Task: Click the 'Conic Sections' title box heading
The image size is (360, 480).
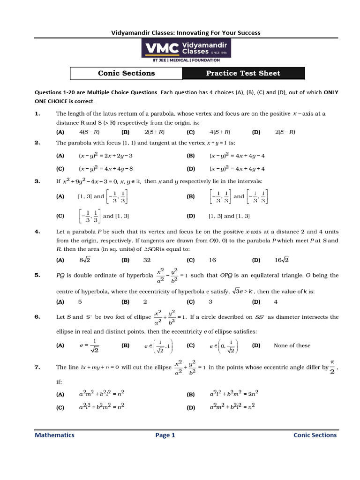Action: point(126,73)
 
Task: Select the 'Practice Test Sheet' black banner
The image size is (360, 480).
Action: point(243,73)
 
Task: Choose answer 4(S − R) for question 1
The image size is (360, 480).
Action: point(90,132)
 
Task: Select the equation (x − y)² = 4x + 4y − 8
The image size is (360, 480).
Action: point(106,169)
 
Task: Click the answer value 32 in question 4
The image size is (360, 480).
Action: point(147,260)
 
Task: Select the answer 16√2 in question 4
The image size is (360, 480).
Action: point(282,260)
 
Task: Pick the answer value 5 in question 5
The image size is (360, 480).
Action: point(80,302)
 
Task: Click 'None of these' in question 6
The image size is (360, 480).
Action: point(292,346)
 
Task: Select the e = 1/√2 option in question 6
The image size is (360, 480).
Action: point(89,346)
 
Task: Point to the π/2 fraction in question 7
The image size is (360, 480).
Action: point(332,367)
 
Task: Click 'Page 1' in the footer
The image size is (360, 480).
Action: point(165,435)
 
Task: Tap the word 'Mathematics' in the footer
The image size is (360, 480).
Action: point(54,435)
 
